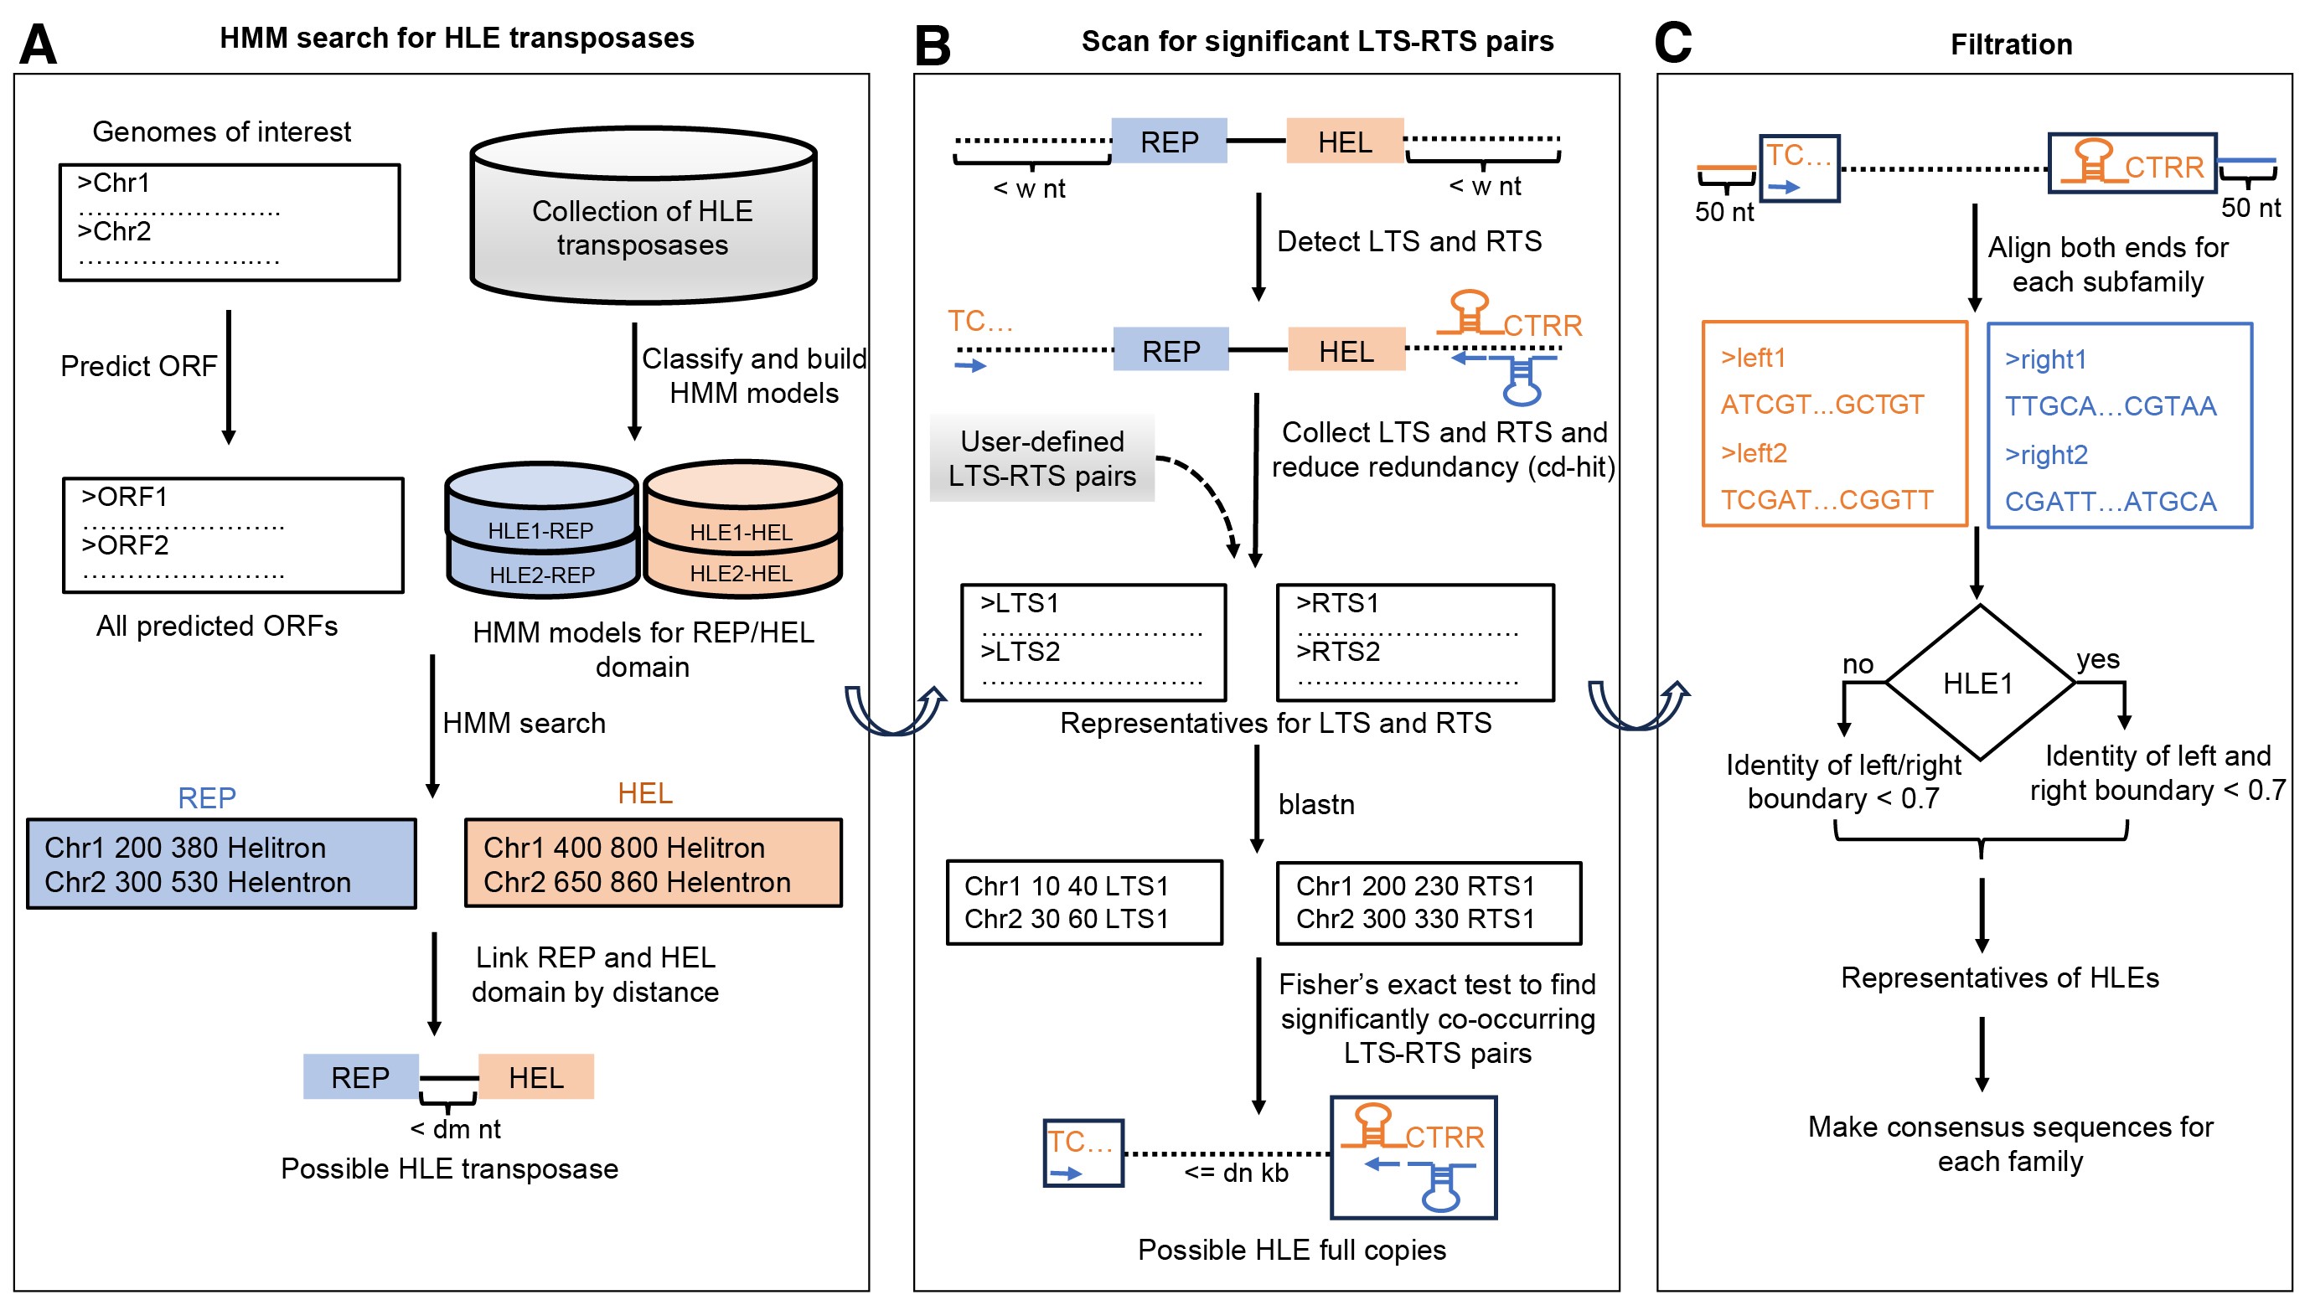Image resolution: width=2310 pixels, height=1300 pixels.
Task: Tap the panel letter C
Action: tap(1672, 42)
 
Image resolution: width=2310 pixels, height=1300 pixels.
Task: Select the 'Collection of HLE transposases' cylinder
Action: tap(643, 215)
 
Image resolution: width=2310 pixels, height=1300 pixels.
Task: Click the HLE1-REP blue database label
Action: tap(540, 531)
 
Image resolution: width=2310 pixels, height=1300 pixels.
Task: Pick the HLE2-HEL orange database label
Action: tap(741, 574)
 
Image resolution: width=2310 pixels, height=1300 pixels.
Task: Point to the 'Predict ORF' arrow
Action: tap(229, 377)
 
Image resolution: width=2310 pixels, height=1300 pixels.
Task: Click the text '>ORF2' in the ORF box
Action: tap(125, 545)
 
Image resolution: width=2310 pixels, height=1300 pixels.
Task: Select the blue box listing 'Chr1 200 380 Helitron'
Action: tap(221, 864)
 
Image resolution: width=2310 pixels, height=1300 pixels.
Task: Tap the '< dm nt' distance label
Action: tap(456, 1130)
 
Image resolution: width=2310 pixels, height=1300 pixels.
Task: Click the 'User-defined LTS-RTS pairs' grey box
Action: tap(1042, 458)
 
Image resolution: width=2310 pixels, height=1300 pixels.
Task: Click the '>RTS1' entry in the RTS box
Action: tap(1337, 603)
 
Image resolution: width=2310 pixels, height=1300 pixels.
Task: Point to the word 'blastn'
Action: tap(1315, 804)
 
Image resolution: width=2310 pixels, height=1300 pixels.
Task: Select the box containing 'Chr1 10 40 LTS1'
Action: tap(1084, 903)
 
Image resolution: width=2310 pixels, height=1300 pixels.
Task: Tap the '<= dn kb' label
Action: tap(1236, 1173)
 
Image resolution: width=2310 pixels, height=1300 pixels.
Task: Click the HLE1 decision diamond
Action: tap(1979, 684)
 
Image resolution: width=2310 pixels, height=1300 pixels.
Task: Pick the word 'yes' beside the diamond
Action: tap(2097, 659)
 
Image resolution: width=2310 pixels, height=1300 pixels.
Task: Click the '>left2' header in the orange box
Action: tap(1753, 453)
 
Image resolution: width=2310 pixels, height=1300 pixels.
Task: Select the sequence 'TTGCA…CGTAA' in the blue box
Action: tap(2110, 406)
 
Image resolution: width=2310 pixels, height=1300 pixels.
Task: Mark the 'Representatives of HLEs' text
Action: tap(2000, 978)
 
